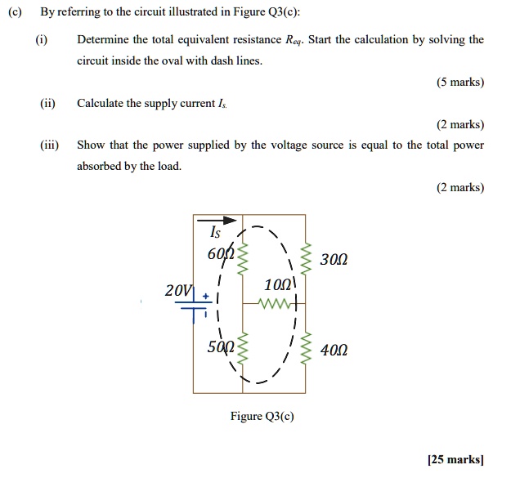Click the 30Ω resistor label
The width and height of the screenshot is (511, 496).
[x=334, y=260]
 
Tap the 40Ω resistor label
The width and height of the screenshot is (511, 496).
[x=334, y=351]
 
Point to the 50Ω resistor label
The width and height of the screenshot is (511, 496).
[x=221, y=346]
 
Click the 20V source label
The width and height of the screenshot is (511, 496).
[x=177, y=291]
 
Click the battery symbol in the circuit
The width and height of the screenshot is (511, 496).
[x=194, y=309]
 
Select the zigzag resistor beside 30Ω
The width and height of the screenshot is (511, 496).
[x=306, y=259]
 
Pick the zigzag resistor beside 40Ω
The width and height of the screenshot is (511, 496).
[x=306, y=351]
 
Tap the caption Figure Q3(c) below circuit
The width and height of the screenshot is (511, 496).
[x=262, y=416]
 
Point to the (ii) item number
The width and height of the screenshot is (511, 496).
[x=47, y=103]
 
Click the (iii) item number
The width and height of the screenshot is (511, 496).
[x=48, y=145]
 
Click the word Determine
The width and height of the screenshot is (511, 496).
[x=102, y=39]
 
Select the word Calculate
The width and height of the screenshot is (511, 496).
[x=100, y=103]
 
